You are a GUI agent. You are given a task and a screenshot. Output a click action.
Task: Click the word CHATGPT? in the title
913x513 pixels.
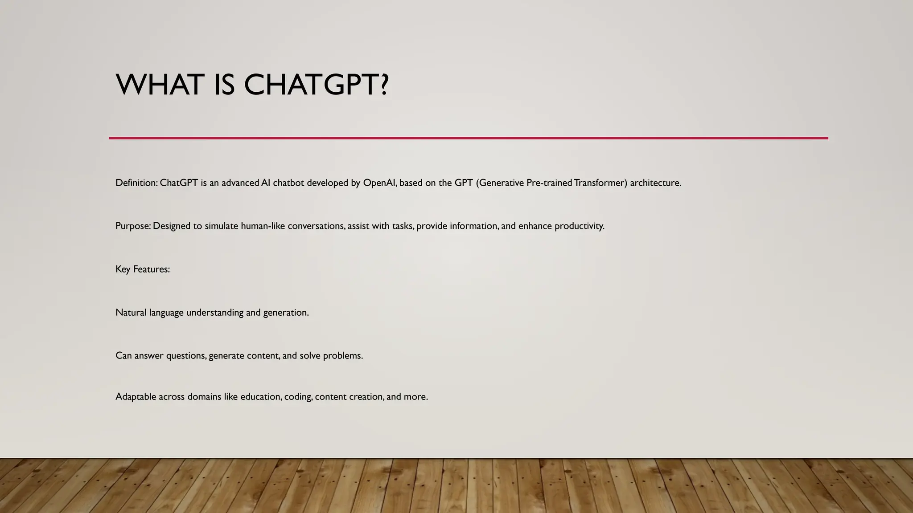pos(317,85)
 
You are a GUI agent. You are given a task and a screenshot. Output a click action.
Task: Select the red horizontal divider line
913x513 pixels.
pos(468,138)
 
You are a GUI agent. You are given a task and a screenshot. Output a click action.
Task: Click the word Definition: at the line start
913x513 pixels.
pos(136,183)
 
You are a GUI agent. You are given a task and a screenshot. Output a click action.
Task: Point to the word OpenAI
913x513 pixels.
pos(380,183)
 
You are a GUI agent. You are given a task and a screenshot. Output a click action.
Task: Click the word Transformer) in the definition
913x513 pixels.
pos(600,183)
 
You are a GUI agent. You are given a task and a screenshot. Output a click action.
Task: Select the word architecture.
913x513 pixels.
pos(655,183)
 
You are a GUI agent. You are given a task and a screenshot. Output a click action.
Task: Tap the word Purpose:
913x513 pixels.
pos(133,226)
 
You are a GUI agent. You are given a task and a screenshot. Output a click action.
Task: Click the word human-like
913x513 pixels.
pos(263,226)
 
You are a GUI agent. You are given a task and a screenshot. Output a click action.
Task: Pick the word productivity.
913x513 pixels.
pos(579,226)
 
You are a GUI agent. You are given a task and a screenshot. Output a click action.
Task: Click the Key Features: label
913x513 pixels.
pos(143,269)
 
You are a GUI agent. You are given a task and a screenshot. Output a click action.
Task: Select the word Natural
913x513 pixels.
pos(131,313)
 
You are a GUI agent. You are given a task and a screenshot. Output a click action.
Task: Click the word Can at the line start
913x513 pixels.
pos(123,356)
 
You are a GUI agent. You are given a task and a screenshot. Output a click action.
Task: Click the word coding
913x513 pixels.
pos(298,397)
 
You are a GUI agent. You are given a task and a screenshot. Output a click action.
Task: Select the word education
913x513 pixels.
pos(261,397)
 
